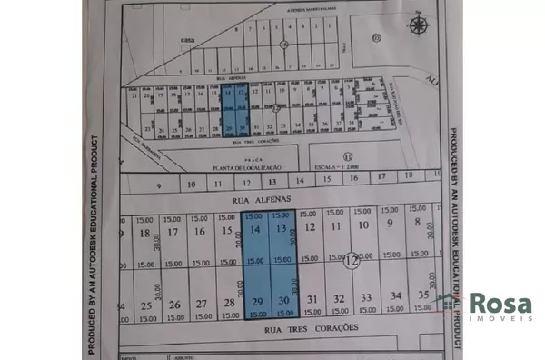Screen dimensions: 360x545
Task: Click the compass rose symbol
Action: point(418,25)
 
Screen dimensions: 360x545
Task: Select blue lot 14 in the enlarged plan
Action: point(254,231)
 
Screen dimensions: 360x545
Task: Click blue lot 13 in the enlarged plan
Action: point(282,230)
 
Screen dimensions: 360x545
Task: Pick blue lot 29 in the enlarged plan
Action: point(257,300)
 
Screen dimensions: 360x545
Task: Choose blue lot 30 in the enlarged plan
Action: point(284,300)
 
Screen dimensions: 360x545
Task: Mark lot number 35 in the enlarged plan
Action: point(423,295)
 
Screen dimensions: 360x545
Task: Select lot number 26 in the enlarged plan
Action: point(173,304)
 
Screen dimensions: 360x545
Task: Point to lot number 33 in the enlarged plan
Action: point(366,297)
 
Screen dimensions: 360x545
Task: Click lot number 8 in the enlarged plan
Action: point(417,223)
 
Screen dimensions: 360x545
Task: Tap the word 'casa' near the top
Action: point(188,40)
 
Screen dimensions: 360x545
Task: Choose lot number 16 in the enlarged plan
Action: point(199,233)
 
